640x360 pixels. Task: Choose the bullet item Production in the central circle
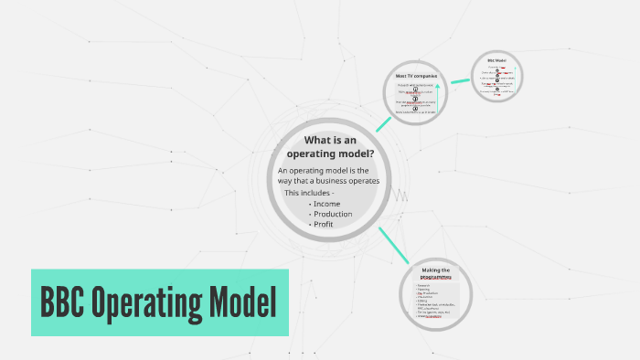332,214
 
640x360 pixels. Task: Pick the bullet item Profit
325,224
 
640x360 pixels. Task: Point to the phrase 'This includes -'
309,193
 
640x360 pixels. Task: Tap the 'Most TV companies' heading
417,75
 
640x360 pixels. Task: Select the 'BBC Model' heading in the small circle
497,59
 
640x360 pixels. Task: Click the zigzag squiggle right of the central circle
400,196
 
